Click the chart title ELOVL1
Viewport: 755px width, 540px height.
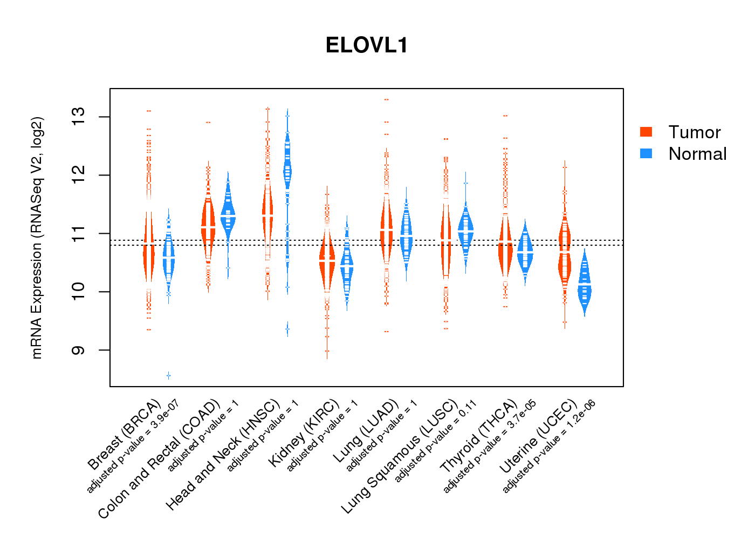[x=367, y=45]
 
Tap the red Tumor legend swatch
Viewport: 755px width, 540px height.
[x=646, y=132]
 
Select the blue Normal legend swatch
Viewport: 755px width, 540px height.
[x=646, y=153]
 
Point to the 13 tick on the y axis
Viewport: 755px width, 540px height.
[x=79, y=117]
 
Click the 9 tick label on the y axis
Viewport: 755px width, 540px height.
[x=79, y=350]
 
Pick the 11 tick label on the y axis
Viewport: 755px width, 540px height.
[x=79, y=233]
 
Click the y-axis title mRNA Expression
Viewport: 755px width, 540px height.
[x=37, y=238]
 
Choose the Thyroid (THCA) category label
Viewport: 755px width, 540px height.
[x=479, y=437]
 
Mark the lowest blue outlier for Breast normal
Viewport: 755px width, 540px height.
[x=169, y=375]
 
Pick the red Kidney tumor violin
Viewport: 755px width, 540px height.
[x=327, y=265]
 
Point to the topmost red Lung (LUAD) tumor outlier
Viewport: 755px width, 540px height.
[x=386, y=99]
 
